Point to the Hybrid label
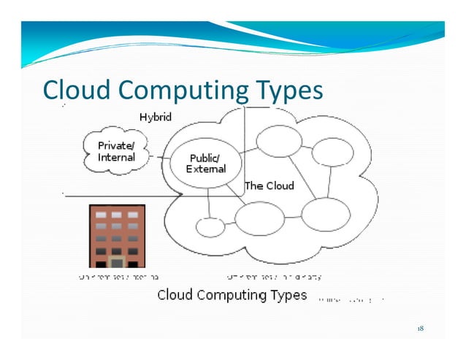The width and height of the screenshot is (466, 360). pyautogui.click(x=156, y=117)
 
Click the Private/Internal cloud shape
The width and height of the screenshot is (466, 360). pyautogui.click(x=117, y=151)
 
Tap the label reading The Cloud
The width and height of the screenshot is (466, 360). pyautogui.click(x=270, y=185)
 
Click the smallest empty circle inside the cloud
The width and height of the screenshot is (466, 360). pyautogui.click(x=210, y=227)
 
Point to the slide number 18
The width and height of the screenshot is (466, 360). pyautogui.click(x=420, y=329)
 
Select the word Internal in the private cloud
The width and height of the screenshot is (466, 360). pyautogui.click(x=117, y=157)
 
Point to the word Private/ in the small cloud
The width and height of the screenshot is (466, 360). pyautogui.click(x=117, y=146)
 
